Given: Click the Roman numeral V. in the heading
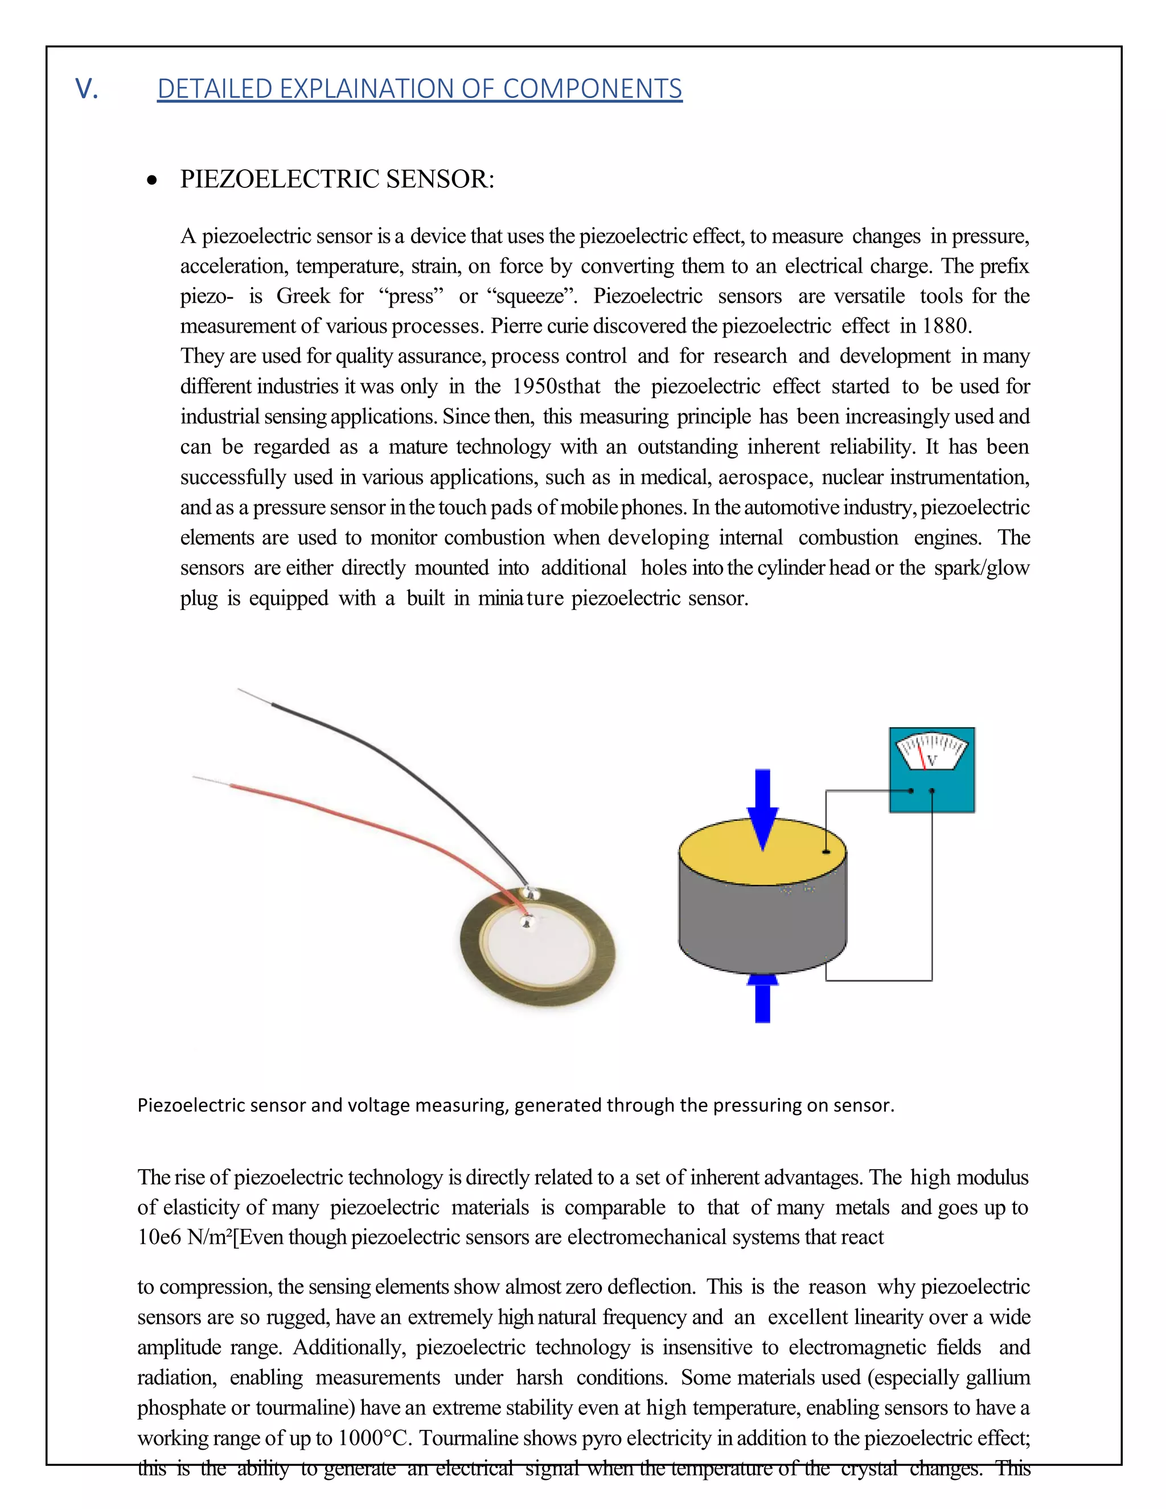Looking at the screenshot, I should point(87,88).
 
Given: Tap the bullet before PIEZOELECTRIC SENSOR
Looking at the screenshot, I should point(152,181).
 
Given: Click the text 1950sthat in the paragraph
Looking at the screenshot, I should point(556,386).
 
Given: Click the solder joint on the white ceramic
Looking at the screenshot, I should point(527,921).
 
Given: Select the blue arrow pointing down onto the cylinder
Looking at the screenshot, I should point(762,809).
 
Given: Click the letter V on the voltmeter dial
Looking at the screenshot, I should point(932,761).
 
